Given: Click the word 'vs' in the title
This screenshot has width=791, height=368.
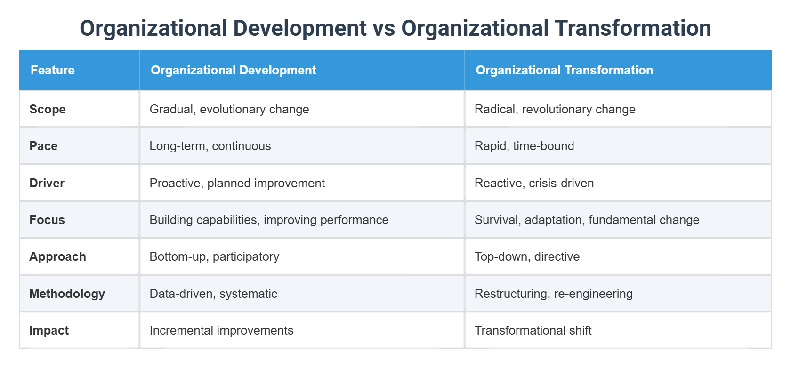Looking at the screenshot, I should click(x=384, y=28).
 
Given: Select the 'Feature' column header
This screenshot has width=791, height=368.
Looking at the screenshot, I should click(x=53, y=70).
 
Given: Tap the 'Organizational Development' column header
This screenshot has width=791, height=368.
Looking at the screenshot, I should click(x=234, y=70).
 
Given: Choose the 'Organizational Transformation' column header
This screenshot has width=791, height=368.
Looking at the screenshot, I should click(x=565, y=70).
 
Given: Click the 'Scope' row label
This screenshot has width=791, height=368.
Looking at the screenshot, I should click(x=48, y=109).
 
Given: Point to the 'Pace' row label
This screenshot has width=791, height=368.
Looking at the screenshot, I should click(x=43, y=146).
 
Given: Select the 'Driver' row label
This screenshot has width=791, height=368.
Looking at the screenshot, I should click(x=47, y=183).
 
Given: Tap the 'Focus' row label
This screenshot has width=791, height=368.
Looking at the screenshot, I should click(x=47, y=220).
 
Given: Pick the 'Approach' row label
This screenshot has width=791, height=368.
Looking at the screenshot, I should click(x=57, y=256).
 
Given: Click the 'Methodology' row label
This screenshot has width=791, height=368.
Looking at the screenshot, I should click(x=67, y=294).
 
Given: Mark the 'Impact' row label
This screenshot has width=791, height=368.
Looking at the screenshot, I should click(x=49, y=330).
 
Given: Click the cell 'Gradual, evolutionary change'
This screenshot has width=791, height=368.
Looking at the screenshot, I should click(x=229, y=109).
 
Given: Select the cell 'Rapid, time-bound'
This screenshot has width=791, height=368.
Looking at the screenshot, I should click(x=524, y=146).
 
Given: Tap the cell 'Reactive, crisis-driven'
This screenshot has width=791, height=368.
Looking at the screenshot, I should click(x=534, y=183).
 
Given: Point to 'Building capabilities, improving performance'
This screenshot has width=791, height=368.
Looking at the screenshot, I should click(x=269, y=220).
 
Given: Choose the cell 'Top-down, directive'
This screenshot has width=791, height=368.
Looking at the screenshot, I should click(x=527, y=256).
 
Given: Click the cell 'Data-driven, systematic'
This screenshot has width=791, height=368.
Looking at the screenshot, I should click(x=213, y=294).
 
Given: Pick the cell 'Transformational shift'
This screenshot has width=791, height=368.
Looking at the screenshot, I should click(x=533, y=330).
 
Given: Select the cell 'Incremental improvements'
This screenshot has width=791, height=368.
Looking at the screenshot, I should click(x=221, y=330).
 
